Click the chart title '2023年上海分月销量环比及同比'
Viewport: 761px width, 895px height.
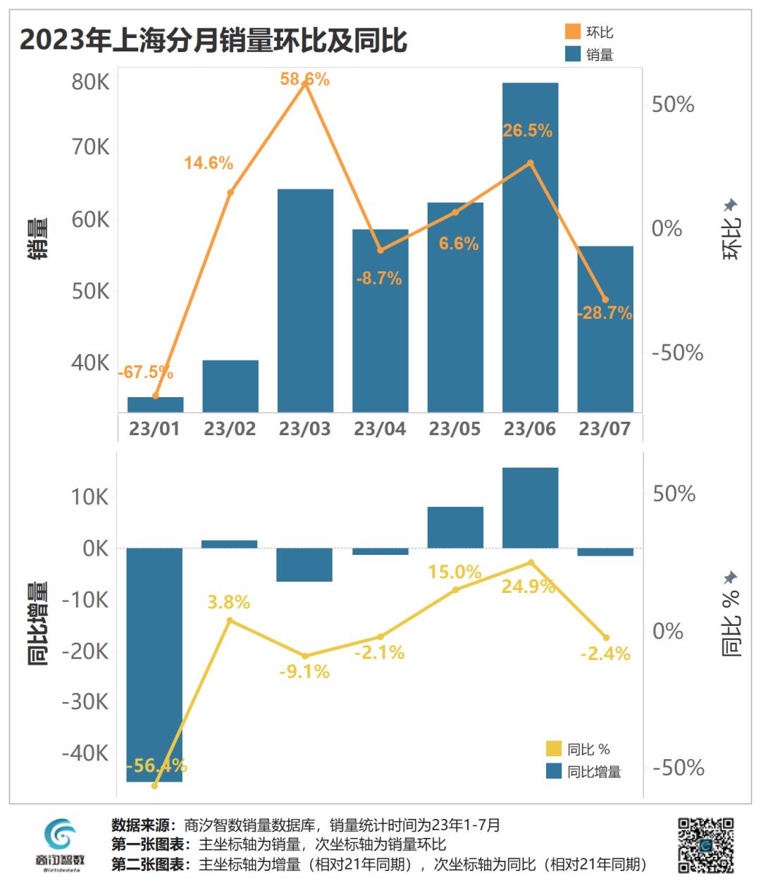pyautogui.click(x=213, y=40)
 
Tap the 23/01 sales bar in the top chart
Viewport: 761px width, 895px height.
pyautogui.click(x=155, y=405)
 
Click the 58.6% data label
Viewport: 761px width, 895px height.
pyautogui.click(x=304, y=80)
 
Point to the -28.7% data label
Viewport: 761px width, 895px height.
pyautogui.click(x=604, y=314)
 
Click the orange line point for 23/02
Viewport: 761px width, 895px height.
pyautogui.click(x=230, y=192)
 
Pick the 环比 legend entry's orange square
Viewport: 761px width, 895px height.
pyautogui.click(x=573, y=32)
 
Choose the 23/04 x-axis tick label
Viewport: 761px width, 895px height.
pyautogui.click(x=380, y=429)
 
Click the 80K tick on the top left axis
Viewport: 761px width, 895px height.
pyautogui.click(x=91, y=82)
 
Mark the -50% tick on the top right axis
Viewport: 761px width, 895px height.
pyautogui.click(x=677, y=353)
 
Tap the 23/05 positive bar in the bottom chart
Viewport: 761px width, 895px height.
pyautogui.click(x=455, y=527)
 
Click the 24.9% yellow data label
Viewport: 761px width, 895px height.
pyautogui.click(x=528, y=586)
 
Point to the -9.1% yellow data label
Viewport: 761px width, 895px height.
pyautogui.click(x=304, y=672)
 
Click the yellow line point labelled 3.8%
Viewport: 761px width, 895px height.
pyautogui.click(x=230, y=620)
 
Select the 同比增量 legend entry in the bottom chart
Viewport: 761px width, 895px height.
pyautogui.click(x=583, y=772)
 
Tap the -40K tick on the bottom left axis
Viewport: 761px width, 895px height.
pyautogui.click(x=85, y=753)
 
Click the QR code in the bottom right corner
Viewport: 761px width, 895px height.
pyautogui.click(x=705, y=845)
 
